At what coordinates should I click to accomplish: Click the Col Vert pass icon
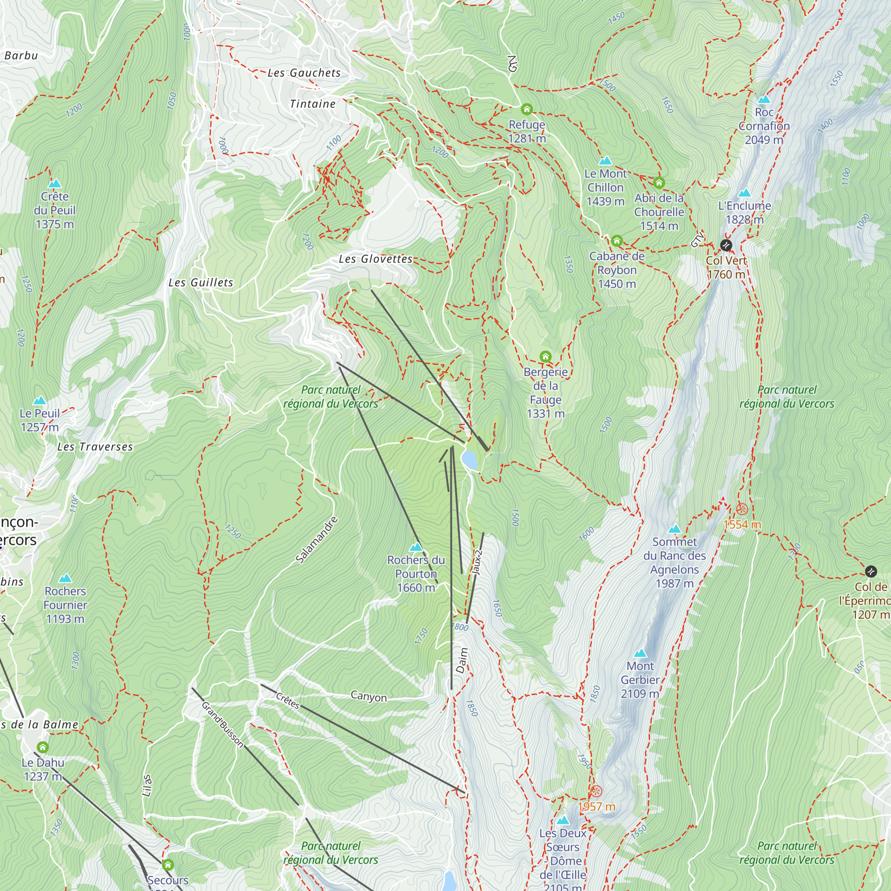(726, 245)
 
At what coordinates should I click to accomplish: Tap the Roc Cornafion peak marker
(764, 100)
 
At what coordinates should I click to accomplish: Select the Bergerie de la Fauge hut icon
(546, 356)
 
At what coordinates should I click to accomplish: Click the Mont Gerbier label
(640, 680)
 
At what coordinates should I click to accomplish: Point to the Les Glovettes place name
(376, 259)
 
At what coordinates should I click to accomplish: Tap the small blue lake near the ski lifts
(470, 460)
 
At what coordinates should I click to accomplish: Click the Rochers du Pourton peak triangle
(416, 547)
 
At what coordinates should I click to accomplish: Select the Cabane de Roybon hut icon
(617, 241)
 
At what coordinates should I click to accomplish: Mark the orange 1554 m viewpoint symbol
(742, 509)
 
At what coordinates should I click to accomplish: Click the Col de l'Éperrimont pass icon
(871, 572)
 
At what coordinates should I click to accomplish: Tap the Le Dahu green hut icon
(43, 747)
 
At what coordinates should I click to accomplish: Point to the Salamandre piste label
(317, 540)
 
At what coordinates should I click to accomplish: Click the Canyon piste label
(368, 696)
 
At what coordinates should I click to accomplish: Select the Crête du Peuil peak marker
(55, 184)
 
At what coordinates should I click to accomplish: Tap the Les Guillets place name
(200, 283)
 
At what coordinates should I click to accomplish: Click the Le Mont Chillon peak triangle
(605, 161)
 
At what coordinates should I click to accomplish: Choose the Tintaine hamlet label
(313, 104)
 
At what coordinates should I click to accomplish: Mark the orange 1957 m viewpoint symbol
(597, 791)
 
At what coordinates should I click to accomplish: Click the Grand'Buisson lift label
(222, 724)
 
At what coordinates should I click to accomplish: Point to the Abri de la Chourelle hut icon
(659, 183)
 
